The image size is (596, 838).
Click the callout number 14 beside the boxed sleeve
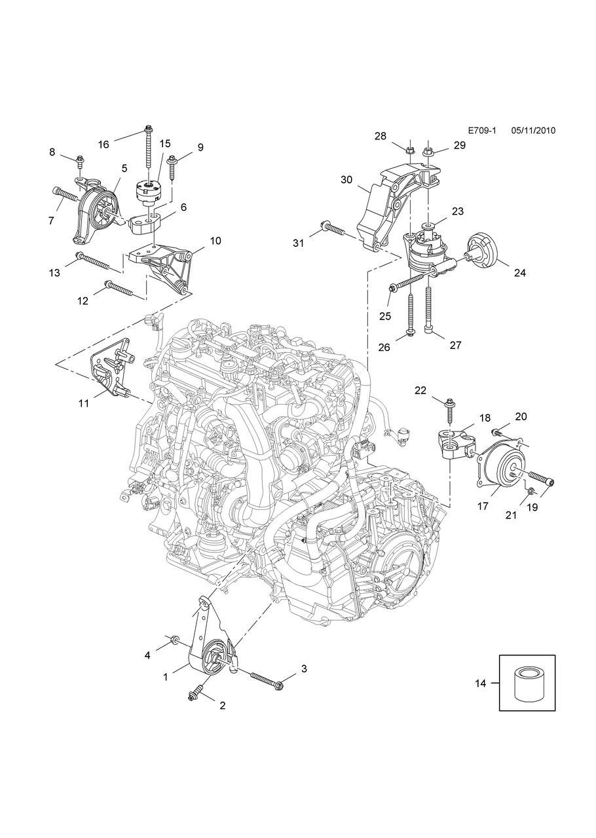coord(480,683)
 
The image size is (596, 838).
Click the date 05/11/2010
coord(534,130)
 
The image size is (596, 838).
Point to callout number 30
coord(346,179)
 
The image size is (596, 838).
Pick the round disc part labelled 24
coord(485,251)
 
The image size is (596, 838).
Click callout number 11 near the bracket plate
coord(84,403)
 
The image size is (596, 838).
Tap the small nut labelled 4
coord(174,639)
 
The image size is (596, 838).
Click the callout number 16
coord(103,144)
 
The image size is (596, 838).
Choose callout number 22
coord(420,391)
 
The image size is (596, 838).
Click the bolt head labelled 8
coord(80,159)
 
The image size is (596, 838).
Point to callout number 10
coord(215,241)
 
